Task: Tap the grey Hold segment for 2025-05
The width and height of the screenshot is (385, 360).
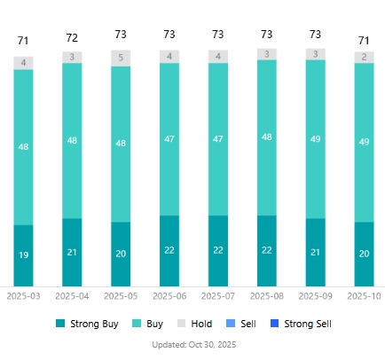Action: point(121,59)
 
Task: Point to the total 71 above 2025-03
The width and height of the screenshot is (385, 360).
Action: point(23,41)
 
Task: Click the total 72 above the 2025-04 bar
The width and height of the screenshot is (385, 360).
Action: point(72,38)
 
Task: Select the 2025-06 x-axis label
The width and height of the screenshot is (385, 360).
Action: point(169,295)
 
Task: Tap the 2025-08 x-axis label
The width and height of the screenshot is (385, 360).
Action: point(266,295)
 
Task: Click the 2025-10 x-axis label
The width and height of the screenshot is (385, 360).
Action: point(364,295)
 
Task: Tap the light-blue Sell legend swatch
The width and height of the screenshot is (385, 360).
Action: point(233,324)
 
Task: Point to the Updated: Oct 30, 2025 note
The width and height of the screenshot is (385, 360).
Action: point(194,344)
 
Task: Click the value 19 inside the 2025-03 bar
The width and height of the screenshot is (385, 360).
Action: point(23,255)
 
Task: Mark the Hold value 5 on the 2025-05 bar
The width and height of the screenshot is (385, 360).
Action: point(121,59)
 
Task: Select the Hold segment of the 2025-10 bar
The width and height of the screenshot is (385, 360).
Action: point(364,57)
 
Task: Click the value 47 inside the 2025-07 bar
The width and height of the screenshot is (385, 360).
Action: point(217,139)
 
